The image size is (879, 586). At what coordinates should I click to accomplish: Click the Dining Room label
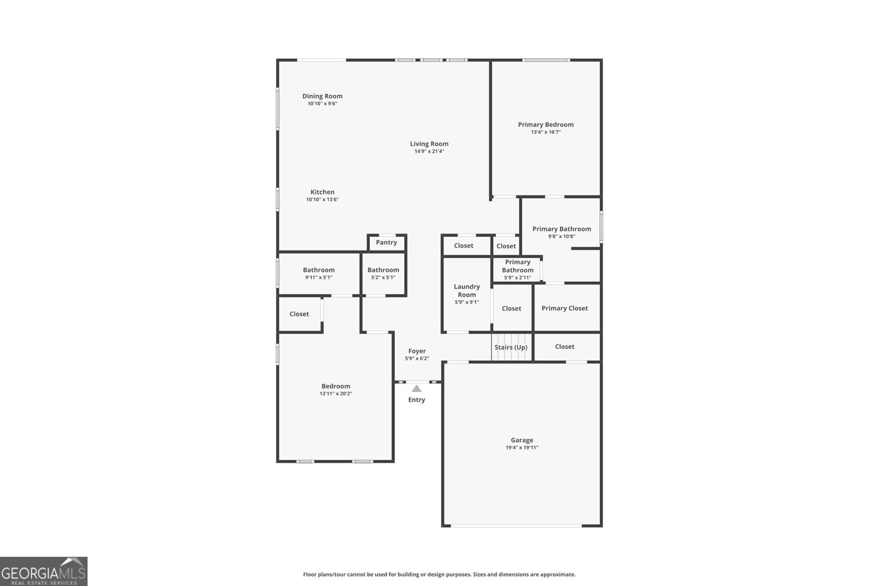point(322,96)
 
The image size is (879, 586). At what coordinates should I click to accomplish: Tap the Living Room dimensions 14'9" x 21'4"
point(429,151)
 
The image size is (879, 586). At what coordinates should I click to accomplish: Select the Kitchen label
point(322,192)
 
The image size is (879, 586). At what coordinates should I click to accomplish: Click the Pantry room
point(386,242)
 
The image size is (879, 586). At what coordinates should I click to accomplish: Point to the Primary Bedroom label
point(546,125)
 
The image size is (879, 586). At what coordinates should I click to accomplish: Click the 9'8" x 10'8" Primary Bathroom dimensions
point(561,237)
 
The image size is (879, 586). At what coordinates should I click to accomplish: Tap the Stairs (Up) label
point(511,347)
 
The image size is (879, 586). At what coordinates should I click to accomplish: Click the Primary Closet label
point(565,308)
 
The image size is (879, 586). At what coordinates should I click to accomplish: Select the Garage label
point(522,440)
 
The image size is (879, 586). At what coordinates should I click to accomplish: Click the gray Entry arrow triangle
point(416,389)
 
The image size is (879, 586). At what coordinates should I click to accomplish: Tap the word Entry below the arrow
point(416,400)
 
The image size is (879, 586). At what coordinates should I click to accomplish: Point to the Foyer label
point(417,351)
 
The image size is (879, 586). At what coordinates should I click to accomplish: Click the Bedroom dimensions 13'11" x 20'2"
point(336,394)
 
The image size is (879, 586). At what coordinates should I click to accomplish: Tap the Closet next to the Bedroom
point(299,314)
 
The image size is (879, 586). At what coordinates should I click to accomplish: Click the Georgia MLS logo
point(43,571)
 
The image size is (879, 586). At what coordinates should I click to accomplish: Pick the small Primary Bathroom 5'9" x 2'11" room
point(518,269)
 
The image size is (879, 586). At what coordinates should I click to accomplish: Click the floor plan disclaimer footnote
point(439,574)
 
